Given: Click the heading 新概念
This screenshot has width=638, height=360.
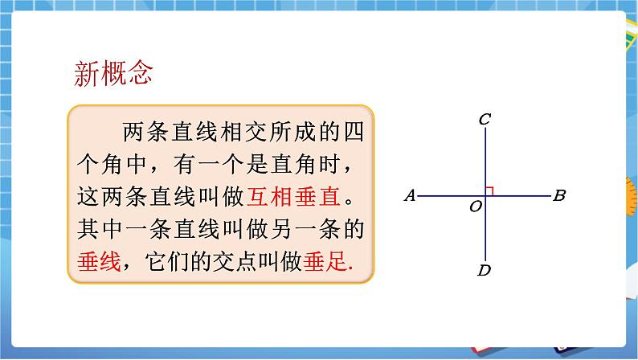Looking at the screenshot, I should point(112,75).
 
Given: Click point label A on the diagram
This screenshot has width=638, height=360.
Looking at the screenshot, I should point(409,195).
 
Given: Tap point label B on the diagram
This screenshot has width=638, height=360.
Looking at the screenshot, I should point(560,195).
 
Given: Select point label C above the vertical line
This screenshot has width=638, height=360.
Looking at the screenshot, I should point(485,121).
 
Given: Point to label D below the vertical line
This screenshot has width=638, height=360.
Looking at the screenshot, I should point(484,269).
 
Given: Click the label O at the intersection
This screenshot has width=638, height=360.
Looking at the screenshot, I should point(475,207).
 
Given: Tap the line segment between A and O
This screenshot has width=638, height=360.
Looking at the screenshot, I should point(450,194).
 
